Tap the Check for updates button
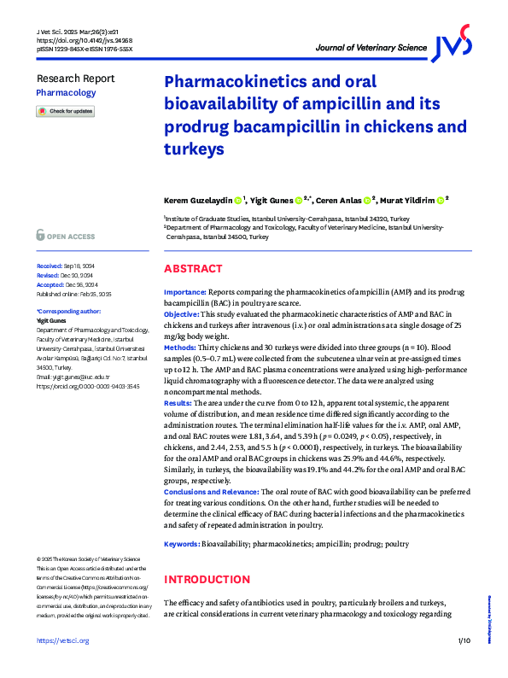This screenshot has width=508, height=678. coord(66,112)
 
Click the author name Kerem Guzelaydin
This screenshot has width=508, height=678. coord(197,201)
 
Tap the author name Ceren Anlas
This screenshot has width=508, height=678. coord(338,201)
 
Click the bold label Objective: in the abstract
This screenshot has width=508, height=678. coord(185,314)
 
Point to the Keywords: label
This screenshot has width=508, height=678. coord(183,544)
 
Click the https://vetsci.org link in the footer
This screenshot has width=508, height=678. coord(60,664)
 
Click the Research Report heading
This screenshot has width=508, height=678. coord(75,78)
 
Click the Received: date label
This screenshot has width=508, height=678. coord(50,266)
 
